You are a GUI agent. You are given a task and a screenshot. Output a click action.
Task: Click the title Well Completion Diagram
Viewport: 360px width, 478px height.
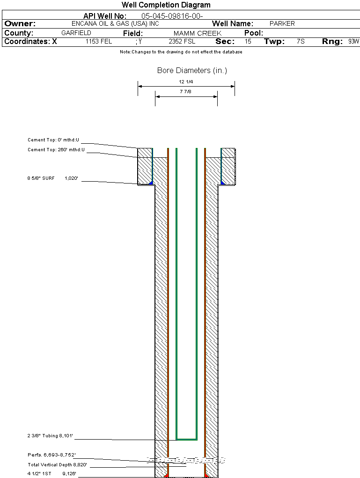(166, 5)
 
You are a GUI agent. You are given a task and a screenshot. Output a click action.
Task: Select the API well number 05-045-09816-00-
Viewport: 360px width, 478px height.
(172, 16)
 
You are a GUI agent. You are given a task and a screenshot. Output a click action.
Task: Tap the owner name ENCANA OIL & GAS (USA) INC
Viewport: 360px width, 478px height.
(115, 23)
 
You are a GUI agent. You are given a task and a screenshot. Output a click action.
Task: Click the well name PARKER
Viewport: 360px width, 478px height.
(282, 23)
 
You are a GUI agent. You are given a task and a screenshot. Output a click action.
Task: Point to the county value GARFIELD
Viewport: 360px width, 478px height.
(76, 33)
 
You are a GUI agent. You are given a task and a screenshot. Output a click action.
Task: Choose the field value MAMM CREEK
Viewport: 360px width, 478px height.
(198, 33)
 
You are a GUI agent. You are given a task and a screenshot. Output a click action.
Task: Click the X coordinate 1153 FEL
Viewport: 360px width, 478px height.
(98, 42)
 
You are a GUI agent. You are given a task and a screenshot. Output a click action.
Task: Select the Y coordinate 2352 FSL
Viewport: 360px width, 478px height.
(182, 42)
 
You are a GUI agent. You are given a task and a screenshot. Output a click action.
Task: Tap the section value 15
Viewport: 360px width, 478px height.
(248, 42)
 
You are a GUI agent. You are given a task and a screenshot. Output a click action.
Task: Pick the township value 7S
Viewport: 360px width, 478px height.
(301, 42)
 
